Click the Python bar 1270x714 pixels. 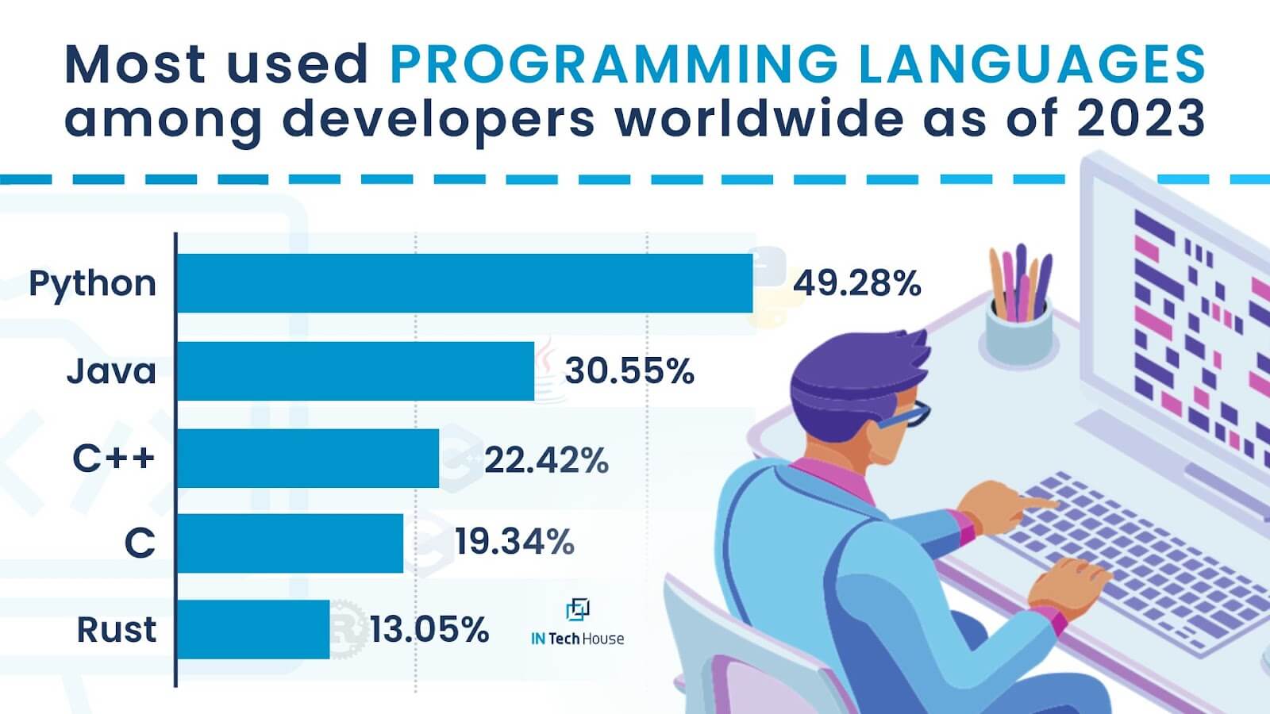[465, 282]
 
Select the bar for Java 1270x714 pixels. [356, 371]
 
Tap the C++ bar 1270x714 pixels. [308, 458]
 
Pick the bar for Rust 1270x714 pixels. [253, 629]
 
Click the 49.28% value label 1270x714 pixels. [856, 283]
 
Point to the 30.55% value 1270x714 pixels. [629, 371]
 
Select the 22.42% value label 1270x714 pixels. [547, 459]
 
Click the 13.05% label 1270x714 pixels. [429, 629]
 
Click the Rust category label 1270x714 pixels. [116, 630]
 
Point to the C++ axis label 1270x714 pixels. [114, 458]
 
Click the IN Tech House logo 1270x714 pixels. [577, 622]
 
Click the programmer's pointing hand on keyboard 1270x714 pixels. [1003, 505]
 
